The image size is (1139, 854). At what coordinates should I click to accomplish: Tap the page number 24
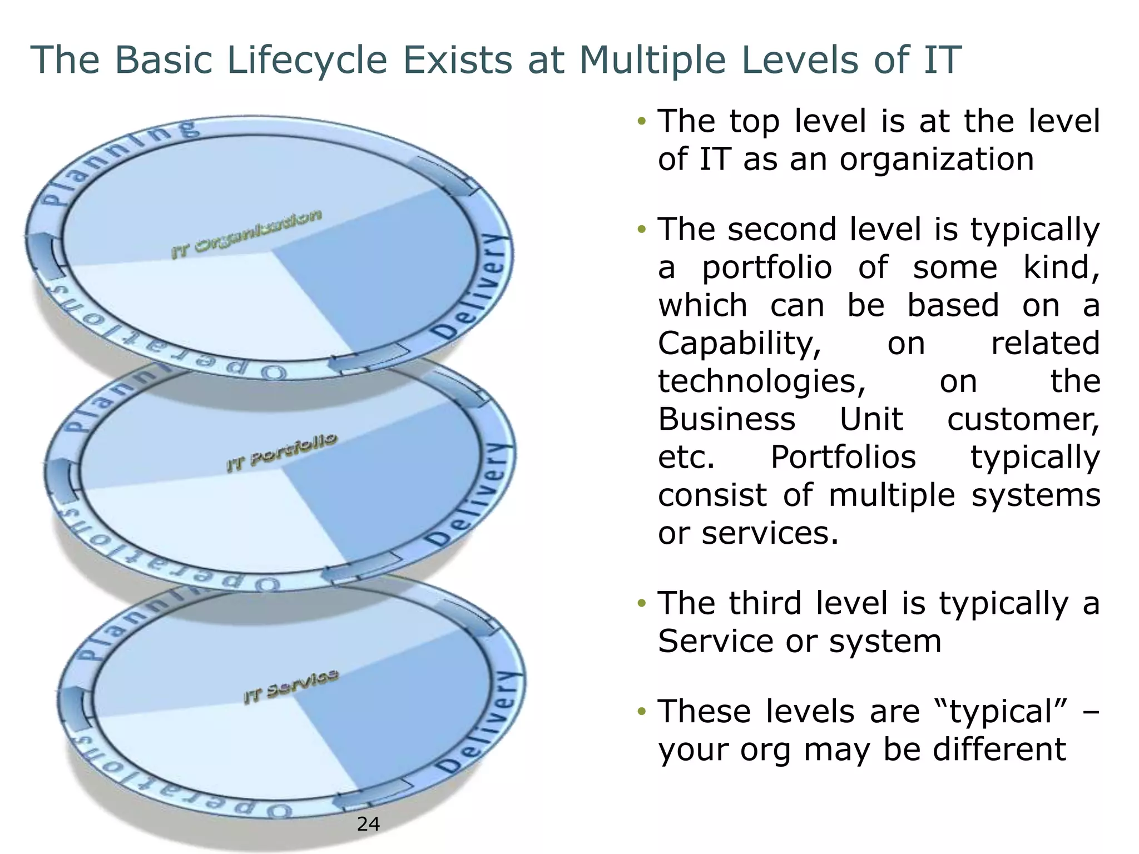(x=368, y=823)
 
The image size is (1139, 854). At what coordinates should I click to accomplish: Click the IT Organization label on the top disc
(x=246, y=234)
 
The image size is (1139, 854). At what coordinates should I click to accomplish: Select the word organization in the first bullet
(x=937, y=160)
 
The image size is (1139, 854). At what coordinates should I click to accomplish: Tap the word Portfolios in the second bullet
(x=843, y=458)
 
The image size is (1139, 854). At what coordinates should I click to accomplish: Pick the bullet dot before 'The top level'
(x=642, y=121)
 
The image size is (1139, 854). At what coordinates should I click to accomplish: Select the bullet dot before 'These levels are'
(x=642, y=711)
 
